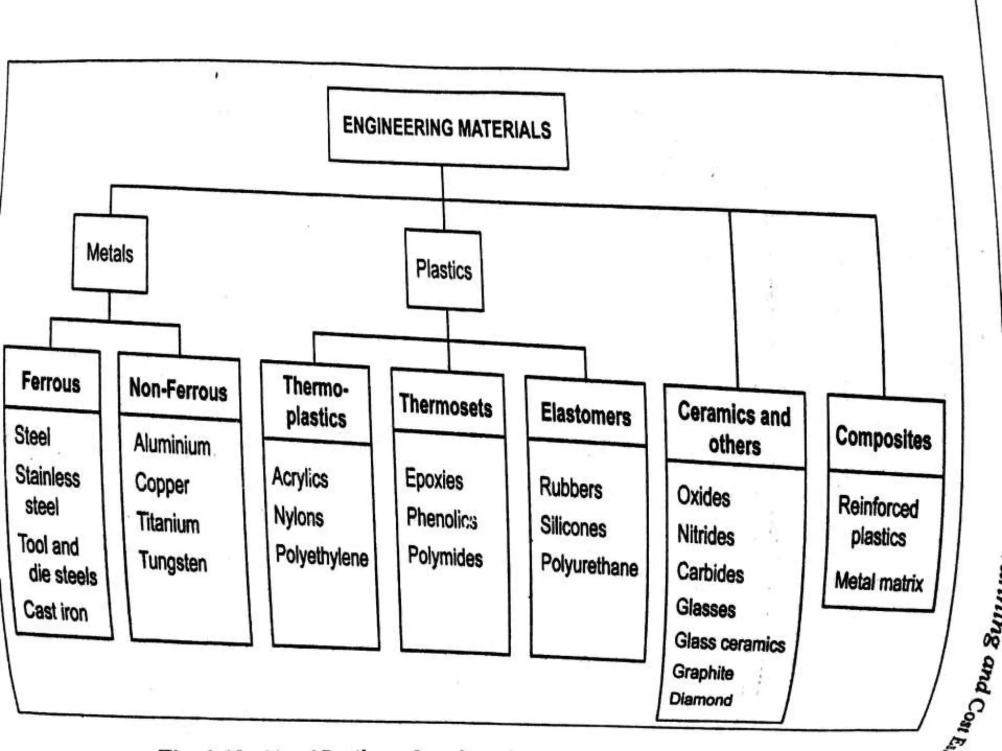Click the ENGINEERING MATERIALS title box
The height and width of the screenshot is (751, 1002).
click(x=447, y=128)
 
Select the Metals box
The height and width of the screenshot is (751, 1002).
click(x=110, y=253)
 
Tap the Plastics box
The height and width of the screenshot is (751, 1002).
click(x=444, y=270)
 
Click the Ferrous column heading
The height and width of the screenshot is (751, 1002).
click(x=51, y=382)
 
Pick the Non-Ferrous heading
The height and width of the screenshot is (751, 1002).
click(x=178, y=390)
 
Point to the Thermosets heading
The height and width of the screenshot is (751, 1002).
click(x=446, y=406)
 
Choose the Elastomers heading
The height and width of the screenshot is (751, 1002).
click(x=586, y=415)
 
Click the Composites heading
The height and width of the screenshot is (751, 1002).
click(x=883, y=438)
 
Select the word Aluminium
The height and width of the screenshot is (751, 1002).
click(x=172, y=444)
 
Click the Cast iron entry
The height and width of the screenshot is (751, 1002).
click(x=56, y=611)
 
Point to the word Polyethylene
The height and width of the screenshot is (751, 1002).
click(x=321, y=556)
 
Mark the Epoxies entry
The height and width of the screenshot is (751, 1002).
click(x=434, y=479)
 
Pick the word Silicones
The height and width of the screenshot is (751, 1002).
click(x=573, y=527)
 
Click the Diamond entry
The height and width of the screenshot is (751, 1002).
click(x=701, y=700)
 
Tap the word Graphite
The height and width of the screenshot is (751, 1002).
click(x=703, y=672)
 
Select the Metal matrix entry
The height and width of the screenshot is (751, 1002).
click(x=879, y=582)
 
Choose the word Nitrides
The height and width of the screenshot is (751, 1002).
click(x=706, y=535)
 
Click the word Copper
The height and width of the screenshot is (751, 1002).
click(x=162, y=484)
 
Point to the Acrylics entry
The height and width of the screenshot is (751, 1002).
click(x=300, y=477)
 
